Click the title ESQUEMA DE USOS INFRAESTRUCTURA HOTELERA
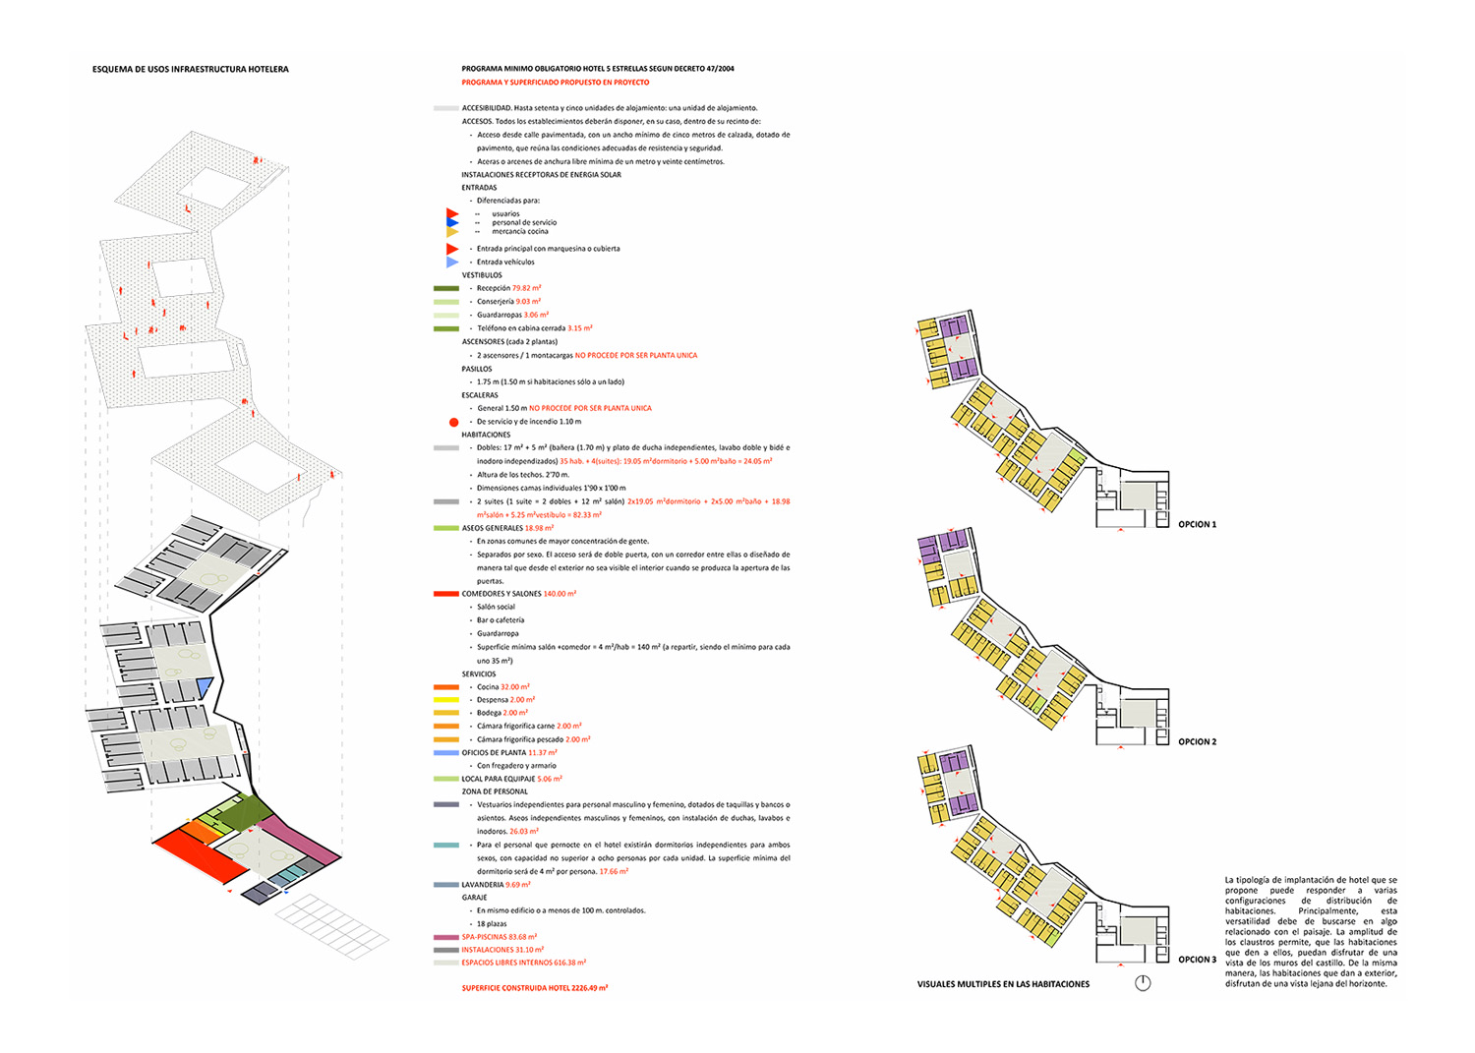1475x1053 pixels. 190,70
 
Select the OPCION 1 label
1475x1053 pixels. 1197,525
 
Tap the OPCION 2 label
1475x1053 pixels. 1197,742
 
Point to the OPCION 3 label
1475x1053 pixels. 1197,960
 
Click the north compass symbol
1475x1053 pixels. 1143,983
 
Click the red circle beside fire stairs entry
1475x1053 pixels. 453,422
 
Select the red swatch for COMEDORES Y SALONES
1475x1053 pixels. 445,594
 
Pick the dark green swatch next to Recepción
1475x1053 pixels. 445,288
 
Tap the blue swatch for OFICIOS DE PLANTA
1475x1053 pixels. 445,753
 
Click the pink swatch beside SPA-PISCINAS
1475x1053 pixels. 445,937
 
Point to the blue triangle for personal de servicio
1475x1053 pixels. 451,223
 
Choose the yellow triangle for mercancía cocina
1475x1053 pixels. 451,233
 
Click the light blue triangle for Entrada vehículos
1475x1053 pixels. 451,263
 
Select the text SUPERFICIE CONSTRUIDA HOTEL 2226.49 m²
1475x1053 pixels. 534,988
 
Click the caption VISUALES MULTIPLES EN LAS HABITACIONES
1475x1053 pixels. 1003,984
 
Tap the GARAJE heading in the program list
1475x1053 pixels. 475,898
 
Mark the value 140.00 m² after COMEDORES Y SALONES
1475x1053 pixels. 560,594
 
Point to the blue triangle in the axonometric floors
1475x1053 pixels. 205,686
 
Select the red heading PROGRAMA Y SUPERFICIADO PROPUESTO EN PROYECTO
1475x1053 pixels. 555,83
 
